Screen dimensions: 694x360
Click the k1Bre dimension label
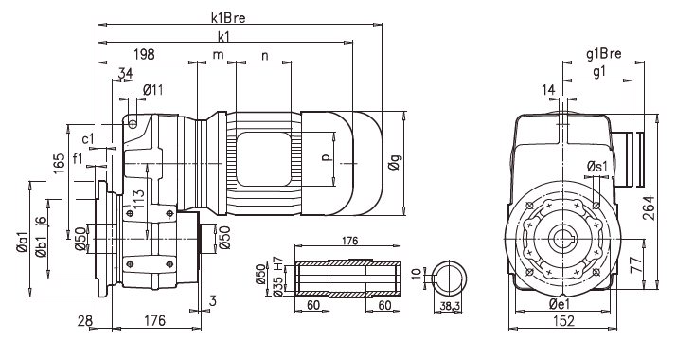point(227,18)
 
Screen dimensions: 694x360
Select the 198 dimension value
point(144,54)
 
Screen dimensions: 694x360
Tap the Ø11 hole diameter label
point(152,90)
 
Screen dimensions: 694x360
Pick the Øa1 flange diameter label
point(22,243)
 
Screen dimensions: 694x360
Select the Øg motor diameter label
point(394,163)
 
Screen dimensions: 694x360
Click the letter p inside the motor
point(327,157)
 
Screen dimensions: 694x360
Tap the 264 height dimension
point(649,207)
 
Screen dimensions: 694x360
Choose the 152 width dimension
point(563,320)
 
